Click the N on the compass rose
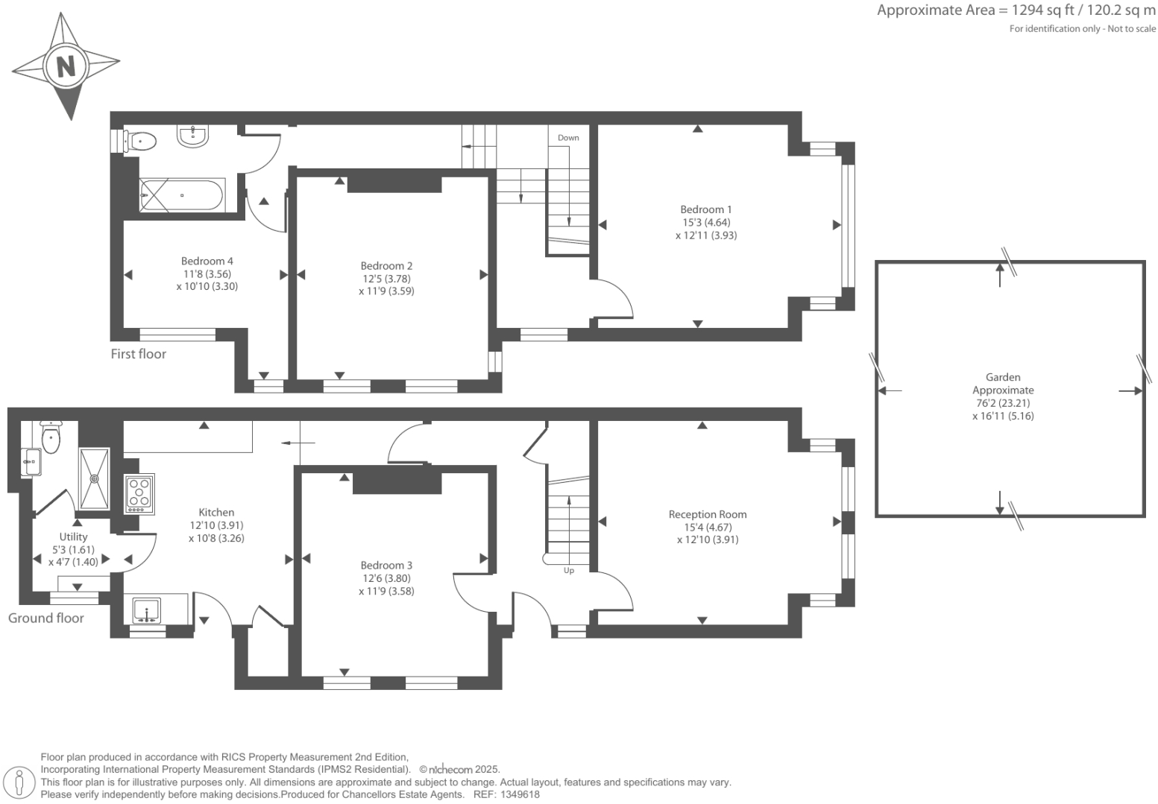click(66, 66)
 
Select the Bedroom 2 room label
click(386, 266)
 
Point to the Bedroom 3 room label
click(386, 566)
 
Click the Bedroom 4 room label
click(207, 261)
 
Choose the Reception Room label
click(707, 514)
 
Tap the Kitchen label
click(216, 512)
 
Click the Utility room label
click(73, 536)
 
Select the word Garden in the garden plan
click(1002, 377)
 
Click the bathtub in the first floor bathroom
click(181, 195)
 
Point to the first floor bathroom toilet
click(140, 141)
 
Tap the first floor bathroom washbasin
click(193, 136)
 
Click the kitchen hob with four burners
click(139, 493)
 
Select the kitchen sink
click(147, 610)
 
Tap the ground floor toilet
click(50, 437)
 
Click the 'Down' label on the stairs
click(568, 138)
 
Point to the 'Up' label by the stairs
click(569, 571)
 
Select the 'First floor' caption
click(139, 354)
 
